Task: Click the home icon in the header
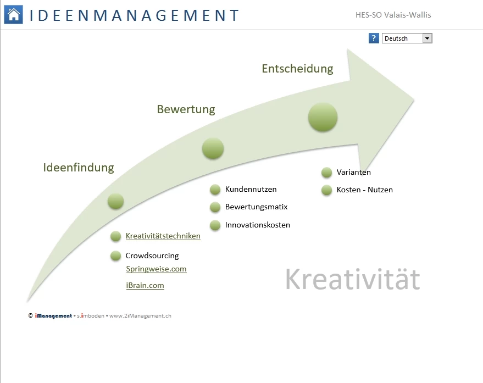(13, 14)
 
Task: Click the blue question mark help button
(374, 38)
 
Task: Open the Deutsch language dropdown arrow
(428, 38)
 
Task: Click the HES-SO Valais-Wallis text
(393, 15)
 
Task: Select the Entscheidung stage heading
(297, 68)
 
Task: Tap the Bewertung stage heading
(186, 109)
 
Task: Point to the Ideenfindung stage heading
(79, 167)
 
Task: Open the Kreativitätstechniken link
(163, 236)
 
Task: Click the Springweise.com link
(156, 269)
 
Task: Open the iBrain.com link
(145, 285)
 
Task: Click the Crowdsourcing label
(152, 256)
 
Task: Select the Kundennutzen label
(251, 189)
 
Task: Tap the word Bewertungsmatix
(256, 207)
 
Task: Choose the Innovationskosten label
(258, 225)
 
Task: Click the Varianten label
(354, 172)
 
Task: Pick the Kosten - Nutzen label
(365, 190)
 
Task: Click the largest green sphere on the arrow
(323, 117)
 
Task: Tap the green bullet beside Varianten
(326, 173)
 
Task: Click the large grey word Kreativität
(353, 279)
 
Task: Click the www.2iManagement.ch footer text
(140, 316)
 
